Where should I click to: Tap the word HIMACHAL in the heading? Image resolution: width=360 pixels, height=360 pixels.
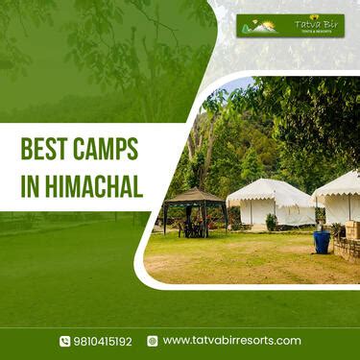[95, 186]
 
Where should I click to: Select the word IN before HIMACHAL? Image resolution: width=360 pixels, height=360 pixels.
[31, 186]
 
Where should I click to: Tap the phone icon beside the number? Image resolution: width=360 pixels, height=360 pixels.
[64, 341]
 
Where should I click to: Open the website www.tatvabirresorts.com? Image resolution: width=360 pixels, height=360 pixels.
[231, 341]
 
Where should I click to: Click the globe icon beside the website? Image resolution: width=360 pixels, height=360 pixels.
[153, 341]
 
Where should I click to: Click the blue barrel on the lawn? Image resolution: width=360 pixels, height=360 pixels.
[322, 242]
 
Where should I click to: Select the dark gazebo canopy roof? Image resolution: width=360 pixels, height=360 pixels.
[196, 196]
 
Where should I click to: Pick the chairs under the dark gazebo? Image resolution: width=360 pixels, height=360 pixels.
[194, 228]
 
